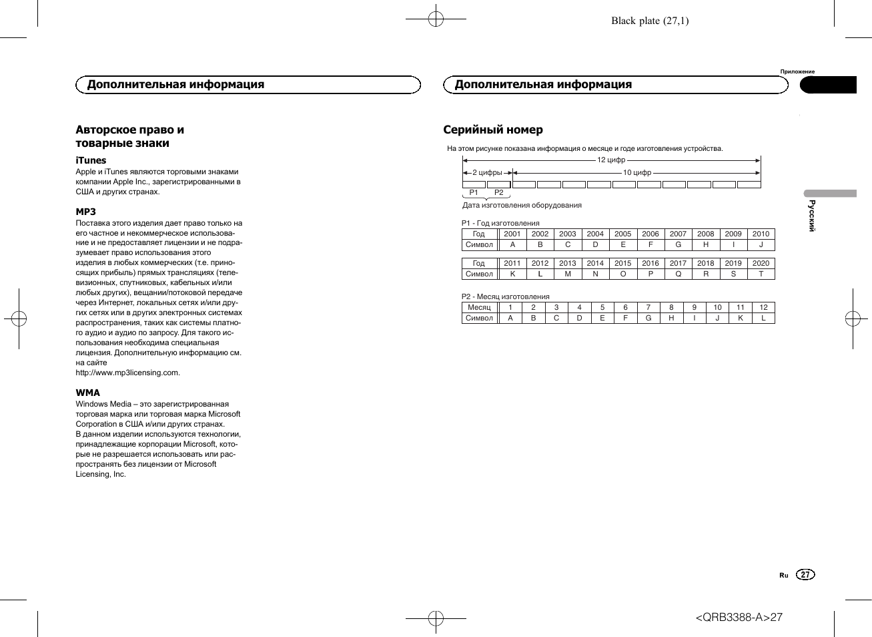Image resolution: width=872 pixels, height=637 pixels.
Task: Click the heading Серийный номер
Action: click(x=493, y=130)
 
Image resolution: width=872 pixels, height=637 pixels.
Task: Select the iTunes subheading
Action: click(x=91, y=160)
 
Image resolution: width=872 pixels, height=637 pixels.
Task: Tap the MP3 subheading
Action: click(x=86, y=212)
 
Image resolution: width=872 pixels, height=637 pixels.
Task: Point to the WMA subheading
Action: click(x=88, y=393)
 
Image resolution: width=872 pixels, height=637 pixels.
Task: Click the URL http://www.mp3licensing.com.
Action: click(x=128, y=373)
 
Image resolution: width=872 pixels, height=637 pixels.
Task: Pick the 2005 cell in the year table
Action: click(x=622, y=234)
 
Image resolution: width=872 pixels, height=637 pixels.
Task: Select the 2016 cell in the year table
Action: click(x=650, y=263)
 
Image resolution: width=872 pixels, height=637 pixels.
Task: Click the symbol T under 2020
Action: click(x=761, y=274)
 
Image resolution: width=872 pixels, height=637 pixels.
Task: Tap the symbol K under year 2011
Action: click(x=512, y=274)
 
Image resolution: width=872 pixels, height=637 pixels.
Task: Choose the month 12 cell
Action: click(x=763, y=307)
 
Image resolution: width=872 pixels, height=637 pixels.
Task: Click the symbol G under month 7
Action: click(x=648, y=318)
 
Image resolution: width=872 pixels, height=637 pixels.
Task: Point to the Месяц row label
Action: click(x=479, y=307)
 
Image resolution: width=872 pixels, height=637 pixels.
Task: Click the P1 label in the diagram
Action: click(x=474, y=192)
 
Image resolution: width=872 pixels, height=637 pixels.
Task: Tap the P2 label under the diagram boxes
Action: click(x=499, y=192)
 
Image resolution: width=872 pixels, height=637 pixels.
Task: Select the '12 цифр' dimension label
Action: click(x=611, y=160)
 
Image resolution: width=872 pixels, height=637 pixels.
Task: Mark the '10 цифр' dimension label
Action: click(x=637, y=172)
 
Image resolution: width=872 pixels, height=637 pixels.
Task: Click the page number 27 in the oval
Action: click(x=806, y=575)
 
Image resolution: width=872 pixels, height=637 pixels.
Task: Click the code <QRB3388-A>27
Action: click(x=739, y=617)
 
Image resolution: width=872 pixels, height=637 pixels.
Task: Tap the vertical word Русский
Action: click(x=812, y=215)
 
